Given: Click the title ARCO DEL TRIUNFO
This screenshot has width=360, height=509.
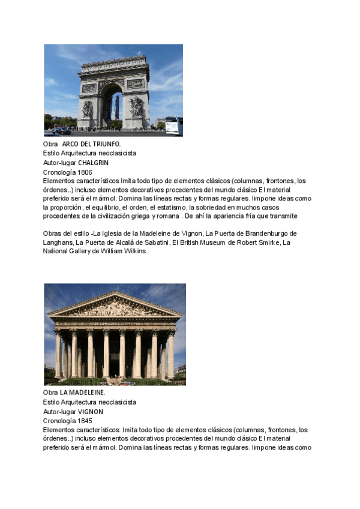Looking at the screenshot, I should coord(91,144).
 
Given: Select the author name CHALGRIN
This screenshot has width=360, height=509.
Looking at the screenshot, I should coord(94,163).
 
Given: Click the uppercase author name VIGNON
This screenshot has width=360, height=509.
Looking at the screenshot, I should coord(91,412).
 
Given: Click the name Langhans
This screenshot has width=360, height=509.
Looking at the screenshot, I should coord(58,242).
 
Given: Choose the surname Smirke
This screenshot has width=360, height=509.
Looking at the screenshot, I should coord(267,242).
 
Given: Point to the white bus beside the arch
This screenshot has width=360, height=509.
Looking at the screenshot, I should coord(173,125).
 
